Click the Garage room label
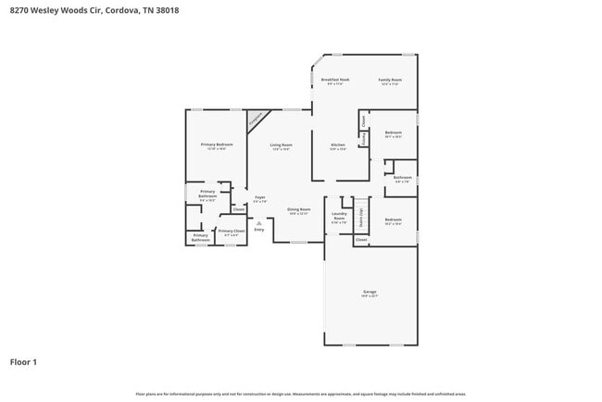(x=370, y=293)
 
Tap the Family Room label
(x=390, y=81)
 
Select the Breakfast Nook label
(x=335, y=81)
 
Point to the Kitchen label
(x=338, y=145)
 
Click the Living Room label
(x=281, y=145)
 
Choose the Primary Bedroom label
(x=217, y=145)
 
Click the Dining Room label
(x=298, y=210)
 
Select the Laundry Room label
(x=339, y=220)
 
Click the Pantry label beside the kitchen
(x=364, y=138)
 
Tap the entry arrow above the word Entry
(x=259, y=222)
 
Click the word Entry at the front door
(x=259, y=230)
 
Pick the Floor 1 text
(x=23, y=362)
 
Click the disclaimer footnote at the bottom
(x=300, y=393)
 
